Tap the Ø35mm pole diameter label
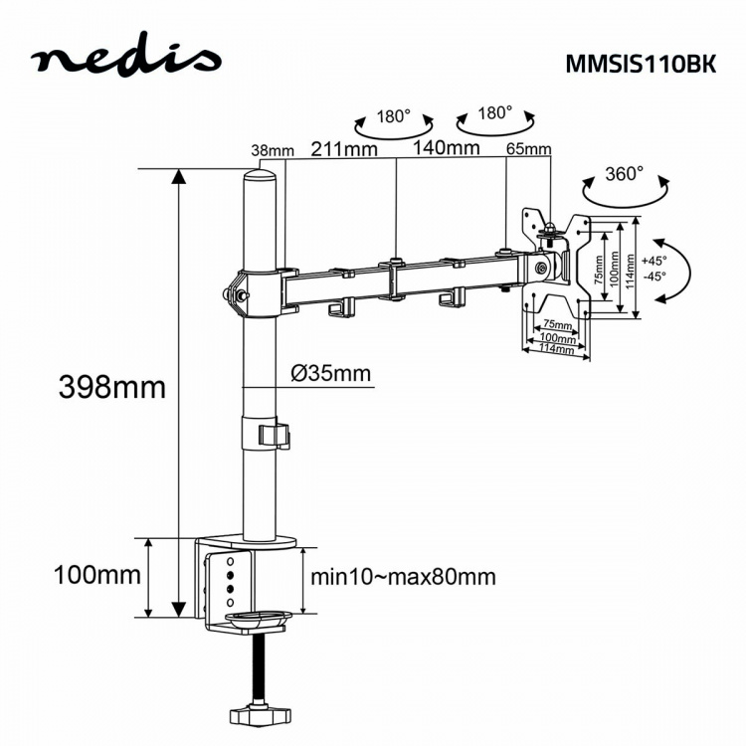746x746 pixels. click(x=330, y=374)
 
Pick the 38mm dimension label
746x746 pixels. click(x=273, y=151)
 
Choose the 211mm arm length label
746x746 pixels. click(x=343, y=149)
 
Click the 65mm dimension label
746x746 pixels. click(x=528, y=150)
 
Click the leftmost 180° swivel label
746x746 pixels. click(x=394, y=115)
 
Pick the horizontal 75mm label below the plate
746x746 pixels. click(x=557, y=325)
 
